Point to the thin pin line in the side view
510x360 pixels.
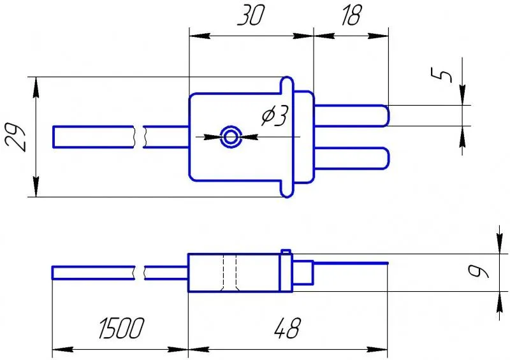click(351, 263)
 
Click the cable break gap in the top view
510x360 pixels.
click(140, 136)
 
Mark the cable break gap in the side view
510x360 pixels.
click(140, 273)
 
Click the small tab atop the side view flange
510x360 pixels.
click(286, 252)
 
